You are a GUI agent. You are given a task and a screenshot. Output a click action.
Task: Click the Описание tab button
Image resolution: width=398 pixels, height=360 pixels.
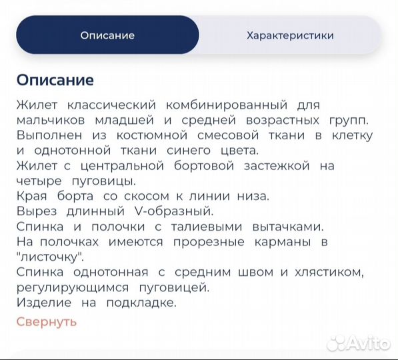tap(107, 35)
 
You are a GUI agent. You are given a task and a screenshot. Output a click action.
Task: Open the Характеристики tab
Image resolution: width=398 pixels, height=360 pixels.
tap(290, 35)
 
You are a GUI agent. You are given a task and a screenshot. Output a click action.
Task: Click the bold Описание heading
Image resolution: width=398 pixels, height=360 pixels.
tap(55, 80)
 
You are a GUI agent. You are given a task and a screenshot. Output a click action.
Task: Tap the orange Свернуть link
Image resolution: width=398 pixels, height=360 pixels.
tap(47, 321)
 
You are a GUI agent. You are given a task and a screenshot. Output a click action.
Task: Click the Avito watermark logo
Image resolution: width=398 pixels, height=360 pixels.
tap(359, 343)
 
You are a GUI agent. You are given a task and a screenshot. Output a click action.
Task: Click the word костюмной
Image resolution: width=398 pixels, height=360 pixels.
tap(133, 135)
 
